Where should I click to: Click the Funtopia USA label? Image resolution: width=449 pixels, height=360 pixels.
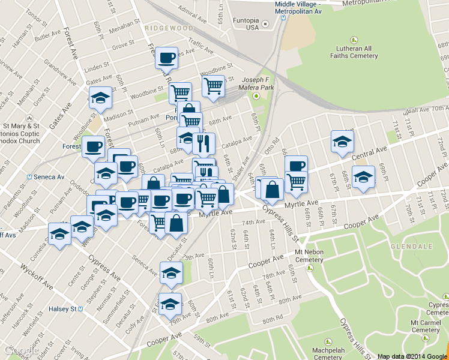(244, 23)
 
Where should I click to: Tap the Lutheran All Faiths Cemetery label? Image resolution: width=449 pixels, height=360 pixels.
(354, 52)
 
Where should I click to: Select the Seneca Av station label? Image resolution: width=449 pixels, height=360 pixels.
(47, 177)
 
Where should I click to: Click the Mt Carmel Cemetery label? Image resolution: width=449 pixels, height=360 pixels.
(425, 326)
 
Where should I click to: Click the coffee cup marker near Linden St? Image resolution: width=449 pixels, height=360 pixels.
(166, 58)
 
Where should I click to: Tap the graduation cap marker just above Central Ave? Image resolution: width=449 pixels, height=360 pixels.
(342, 142)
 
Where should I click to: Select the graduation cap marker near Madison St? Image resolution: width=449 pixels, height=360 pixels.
(100, 97)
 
